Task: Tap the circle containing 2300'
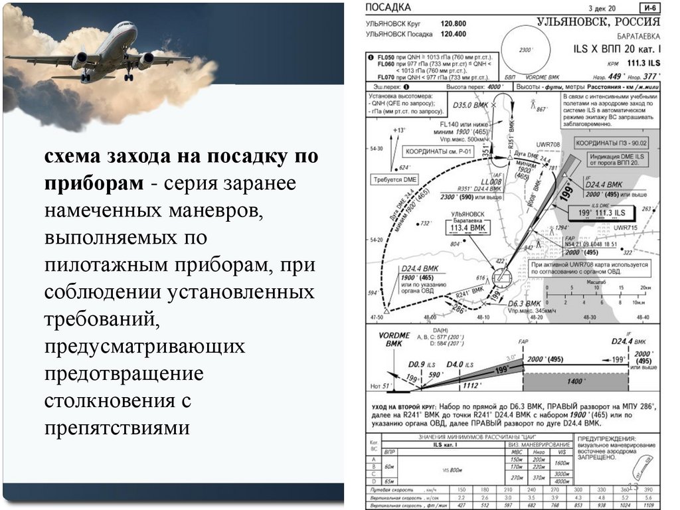pyautogui.click(x=526, y=50)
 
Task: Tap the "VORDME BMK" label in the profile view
pyautogui.click(x=394, y=340)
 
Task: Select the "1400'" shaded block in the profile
pyautogui.click(x=574, y=382)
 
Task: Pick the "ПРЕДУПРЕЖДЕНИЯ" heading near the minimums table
pyautogui.click(x=606, y=439)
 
